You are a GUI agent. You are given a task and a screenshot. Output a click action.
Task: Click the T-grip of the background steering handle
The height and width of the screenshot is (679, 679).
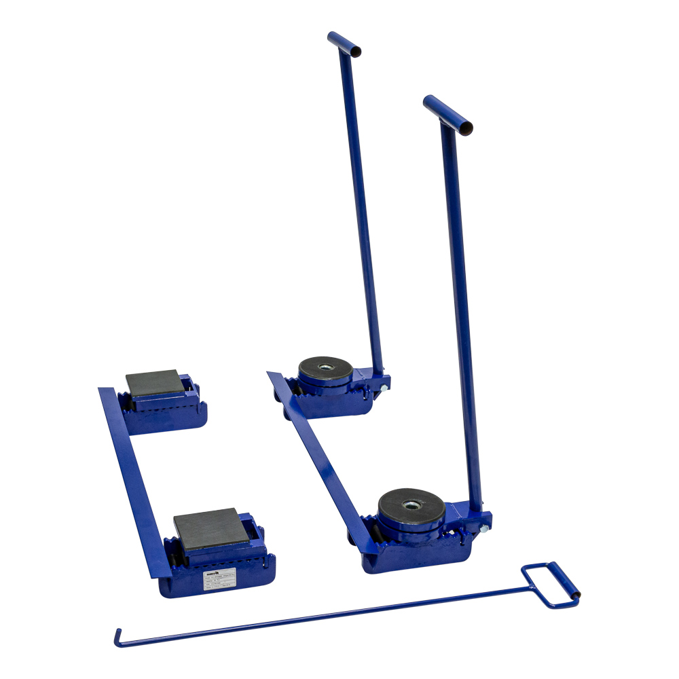344,43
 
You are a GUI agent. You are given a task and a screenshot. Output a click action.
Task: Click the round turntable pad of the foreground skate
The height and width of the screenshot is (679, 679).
411,505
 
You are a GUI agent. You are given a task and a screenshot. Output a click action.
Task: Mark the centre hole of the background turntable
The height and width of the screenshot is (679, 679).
327,367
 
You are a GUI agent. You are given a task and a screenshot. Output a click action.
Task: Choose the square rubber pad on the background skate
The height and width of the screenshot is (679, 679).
155,382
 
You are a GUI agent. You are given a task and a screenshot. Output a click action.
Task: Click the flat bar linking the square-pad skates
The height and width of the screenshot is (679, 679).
132,475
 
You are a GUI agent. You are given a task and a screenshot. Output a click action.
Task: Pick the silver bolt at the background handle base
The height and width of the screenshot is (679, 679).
384,388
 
